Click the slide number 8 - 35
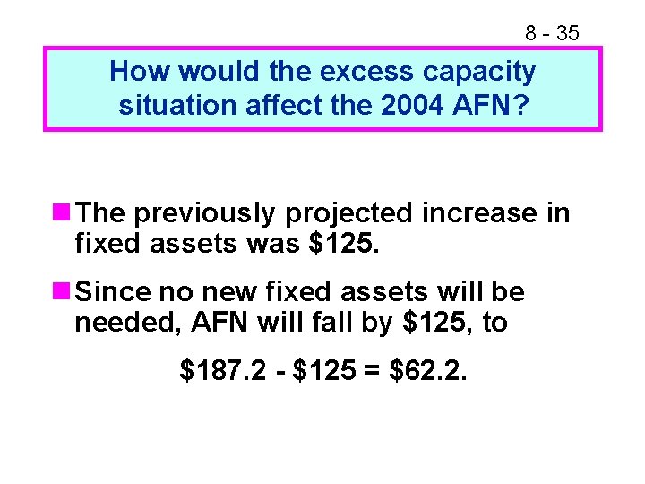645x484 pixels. pos(552,34)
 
